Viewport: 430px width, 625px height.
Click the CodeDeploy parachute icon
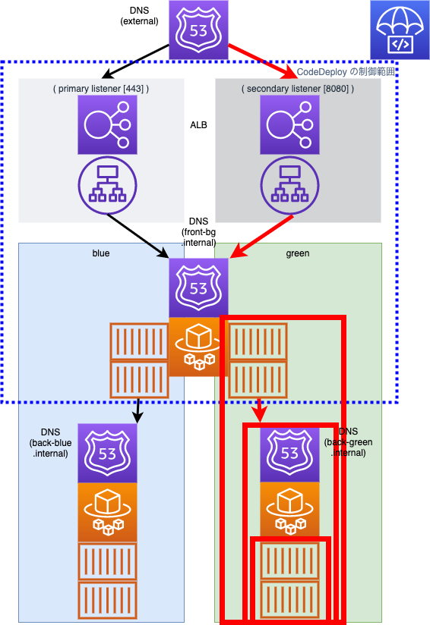400,30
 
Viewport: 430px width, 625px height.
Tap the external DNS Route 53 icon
198,30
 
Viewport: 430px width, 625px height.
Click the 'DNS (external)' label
139,16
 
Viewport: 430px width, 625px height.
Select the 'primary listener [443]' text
101,89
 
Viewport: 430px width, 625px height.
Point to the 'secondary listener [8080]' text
298,89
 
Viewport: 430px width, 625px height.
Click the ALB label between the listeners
198,125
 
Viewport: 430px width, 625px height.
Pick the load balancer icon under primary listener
107,124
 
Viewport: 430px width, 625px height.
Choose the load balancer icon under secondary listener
289,124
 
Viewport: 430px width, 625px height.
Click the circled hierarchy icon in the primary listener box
107,185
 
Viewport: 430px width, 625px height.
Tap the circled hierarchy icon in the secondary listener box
289,185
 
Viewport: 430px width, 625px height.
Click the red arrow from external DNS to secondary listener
263,62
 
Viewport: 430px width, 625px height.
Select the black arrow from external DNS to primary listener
136,61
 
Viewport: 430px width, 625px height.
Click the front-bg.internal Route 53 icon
198,287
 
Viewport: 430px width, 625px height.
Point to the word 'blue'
101,253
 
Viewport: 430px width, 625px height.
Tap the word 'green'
298,253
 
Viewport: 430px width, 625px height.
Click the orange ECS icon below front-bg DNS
198,347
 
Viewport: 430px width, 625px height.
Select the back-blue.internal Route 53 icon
107,454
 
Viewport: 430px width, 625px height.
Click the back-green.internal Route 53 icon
289,454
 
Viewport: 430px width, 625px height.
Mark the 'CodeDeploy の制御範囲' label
346,72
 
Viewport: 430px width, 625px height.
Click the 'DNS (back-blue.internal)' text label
50,443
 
